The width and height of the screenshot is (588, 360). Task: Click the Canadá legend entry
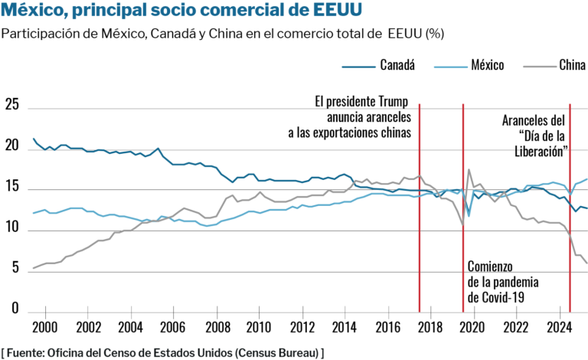coord(397,64)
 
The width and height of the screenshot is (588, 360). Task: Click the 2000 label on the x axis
coord(45,328)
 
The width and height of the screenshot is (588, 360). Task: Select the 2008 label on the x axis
coord(217,328)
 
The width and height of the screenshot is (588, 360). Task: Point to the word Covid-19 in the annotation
coord(501,297)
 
